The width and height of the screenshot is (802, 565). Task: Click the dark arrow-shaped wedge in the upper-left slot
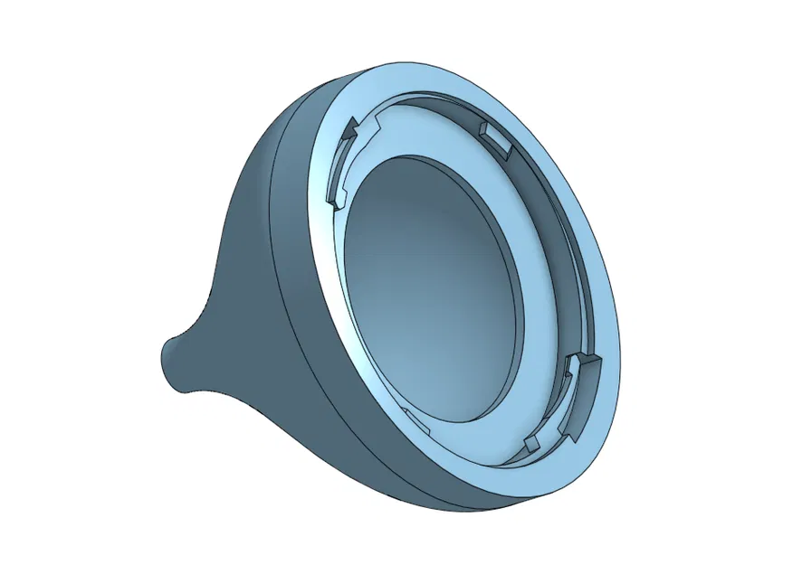(x=348, y=133)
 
